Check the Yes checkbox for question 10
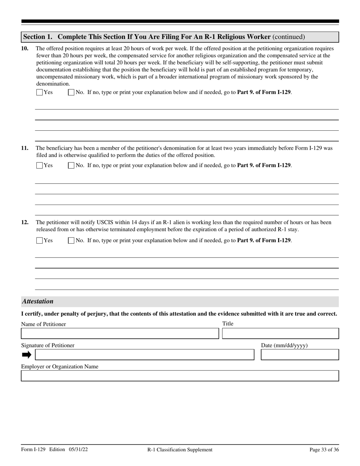coord(39,92)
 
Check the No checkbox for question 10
coord(71,92)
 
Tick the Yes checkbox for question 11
coord(39,165)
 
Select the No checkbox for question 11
coord(71,165)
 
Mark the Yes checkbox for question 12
coord(39,240)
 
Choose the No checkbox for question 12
coord(71,240)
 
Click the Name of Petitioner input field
coord(120,333)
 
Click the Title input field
coord(280,333)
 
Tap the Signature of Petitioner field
coord(144,355)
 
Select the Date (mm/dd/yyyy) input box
coord(300,355)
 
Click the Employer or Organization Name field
coord(180,376)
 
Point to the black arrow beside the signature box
coord(27,355)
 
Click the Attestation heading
coord(38,302)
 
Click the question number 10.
coord(25,48)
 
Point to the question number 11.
coord(25,148)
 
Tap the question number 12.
coord(25,222)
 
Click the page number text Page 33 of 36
coord(324,450)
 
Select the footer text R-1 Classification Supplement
coord(180,450)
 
